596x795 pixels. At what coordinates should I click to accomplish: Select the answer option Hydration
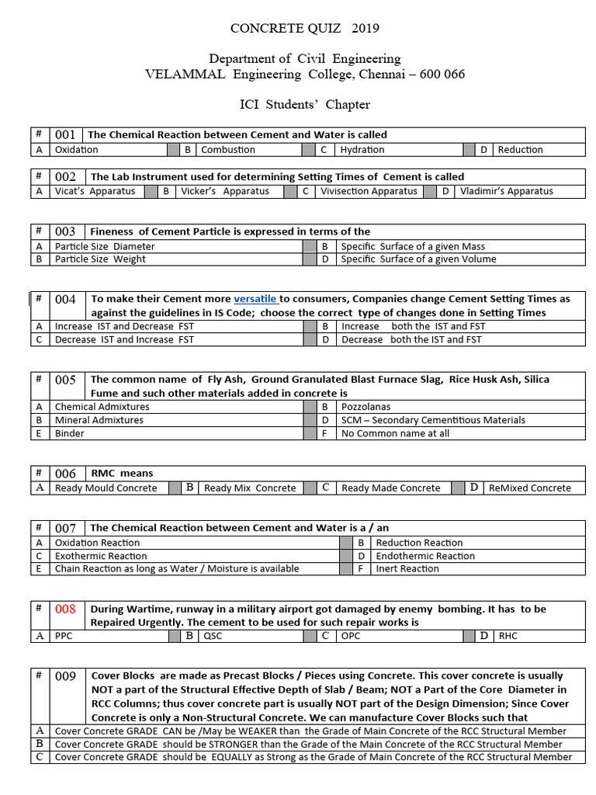click(x=362, y=150)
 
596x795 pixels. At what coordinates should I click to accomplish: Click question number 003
click(x=65, y=231)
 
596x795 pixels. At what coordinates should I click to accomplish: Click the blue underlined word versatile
click(x=255, y=299)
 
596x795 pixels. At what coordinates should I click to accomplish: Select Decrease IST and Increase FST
click(x=125, y=339)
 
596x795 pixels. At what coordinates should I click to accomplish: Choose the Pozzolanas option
click(x=366, y=407)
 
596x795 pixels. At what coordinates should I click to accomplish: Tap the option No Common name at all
click(x=395, y=433)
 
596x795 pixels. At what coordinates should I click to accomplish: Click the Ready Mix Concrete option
click(x=250, y=488)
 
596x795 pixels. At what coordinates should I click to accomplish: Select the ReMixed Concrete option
click(x=529, y=488)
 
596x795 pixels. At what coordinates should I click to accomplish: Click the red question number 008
click(x=65, y=609)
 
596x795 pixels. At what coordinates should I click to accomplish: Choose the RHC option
click(x=508, y=637)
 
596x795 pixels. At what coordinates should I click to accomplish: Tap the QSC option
click(x=212, y=637)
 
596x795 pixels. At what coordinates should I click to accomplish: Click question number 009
click(x=65, y=676)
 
